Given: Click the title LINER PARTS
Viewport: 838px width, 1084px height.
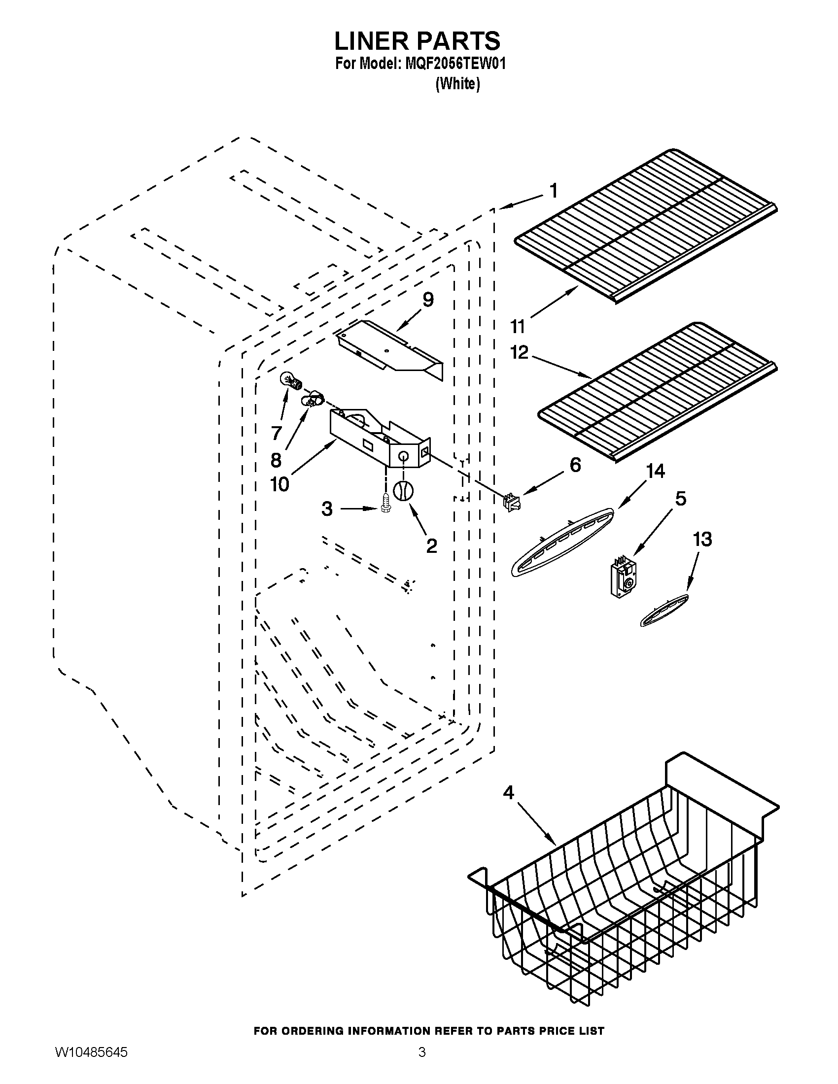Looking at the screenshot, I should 417,41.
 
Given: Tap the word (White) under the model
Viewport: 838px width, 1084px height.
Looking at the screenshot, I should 457,84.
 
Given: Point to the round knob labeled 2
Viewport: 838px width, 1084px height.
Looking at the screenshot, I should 403,491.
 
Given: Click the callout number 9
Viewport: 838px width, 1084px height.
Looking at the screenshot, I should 427,300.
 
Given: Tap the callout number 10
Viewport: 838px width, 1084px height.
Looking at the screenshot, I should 279,483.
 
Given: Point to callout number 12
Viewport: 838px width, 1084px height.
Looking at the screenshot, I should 519,352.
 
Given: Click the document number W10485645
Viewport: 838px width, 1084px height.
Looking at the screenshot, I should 91,1063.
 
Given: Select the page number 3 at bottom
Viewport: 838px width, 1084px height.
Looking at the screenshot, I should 421,1063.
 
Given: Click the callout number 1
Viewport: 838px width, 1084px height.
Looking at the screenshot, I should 553,191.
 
